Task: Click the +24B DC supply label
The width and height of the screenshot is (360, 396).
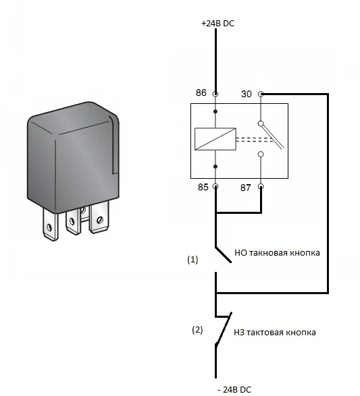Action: (217, 23)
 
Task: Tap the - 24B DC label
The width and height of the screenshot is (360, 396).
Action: (234, 389)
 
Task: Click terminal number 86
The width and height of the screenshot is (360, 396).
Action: (201, 92)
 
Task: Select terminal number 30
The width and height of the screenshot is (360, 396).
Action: (247, 94)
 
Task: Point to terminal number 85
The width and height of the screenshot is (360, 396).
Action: (203, 187)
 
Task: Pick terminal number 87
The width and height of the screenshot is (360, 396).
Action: (245, 188)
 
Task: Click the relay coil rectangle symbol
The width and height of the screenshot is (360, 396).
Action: (215, 139)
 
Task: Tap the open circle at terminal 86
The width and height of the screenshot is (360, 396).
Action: (215, 94)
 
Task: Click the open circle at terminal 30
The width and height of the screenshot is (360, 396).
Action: (261, 94)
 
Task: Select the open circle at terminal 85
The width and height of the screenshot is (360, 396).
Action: (215, 186)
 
